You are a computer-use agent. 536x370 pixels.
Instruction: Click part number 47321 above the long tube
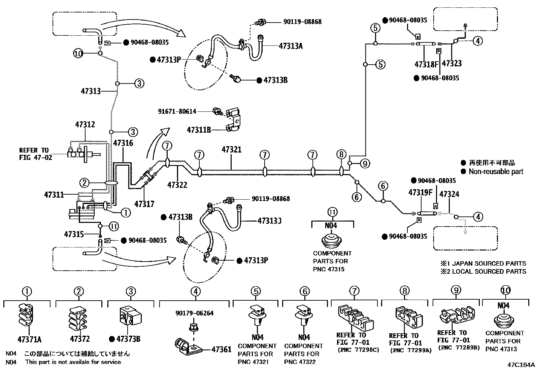coord(231,149)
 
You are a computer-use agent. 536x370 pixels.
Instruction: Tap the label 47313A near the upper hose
coord(290,46)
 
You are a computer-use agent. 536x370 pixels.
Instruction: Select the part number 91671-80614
coord(177,111)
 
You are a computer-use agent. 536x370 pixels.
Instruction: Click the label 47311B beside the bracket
coord(199,130)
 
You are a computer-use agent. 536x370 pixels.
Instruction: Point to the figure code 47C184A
coord(521,365)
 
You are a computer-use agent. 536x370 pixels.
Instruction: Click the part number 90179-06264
coord(194,313)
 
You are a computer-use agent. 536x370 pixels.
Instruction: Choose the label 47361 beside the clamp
coord(221,349)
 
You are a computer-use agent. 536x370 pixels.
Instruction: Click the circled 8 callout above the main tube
coord(341,155)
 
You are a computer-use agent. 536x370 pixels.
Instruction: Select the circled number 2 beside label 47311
coord(84,183)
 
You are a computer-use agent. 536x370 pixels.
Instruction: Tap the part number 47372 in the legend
coord(80,339)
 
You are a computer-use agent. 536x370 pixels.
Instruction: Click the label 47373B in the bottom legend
coord(128,339)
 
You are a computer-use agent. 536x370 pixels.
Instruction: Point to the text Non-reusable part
coord(496,171)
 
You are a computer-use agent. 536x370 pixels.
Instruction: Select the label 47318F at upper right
coord(427,64)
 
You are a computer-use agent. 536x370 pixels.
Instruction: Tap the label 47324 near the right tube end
coord(449,194)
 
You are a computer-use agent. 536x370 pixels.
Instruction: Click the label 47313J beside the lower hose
coord(269,221)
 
